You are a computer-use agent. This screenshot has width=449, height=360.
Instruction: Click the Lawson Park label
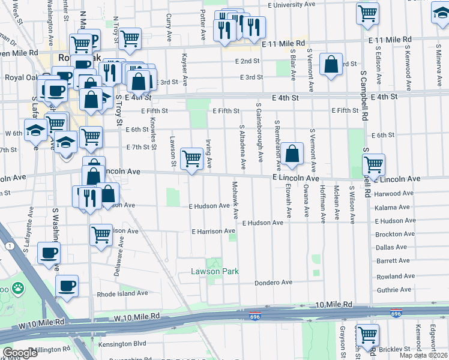(215, 272)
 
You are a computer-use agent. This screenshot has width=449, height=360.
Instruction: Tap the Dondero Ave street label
(273, 282)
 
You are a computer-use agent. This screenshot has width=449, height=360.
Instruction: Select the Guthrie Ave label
(394, 289)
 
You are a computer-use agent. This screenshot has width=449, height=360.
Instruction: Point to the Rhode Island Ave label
(122, 293)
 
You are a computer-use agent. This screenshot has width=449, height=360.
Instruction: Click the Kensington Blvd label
(122, 344)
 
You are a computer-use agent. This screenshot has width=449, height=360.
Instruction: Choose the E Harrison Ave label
(213, 231)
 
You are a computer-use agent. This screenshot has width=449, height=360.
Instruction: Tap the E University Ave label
(291, 5)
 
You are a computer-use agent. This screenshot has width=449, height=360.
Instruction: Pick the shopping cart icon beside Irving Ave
(191, 159)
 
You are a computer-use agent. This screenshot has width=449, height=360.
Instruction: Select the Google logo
(20, 353)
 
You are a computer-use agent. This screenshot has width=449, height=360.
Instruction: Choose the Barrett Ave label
(393, 260)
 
